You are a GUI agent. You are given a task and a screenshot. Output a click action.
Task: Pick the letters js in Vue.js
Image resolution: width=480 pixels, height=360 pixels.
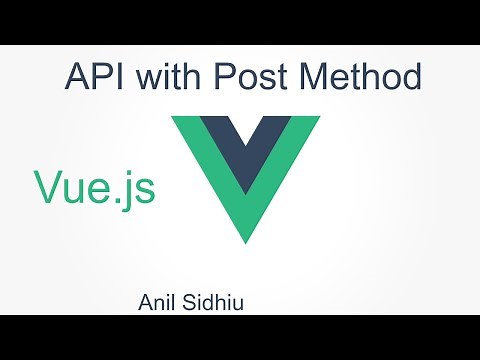click(x=139, y=190)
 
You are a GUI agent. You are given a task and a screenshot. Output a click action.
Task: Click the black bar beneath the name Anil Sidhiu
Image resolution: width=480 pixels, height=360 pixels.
click(x=240, y=336)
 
